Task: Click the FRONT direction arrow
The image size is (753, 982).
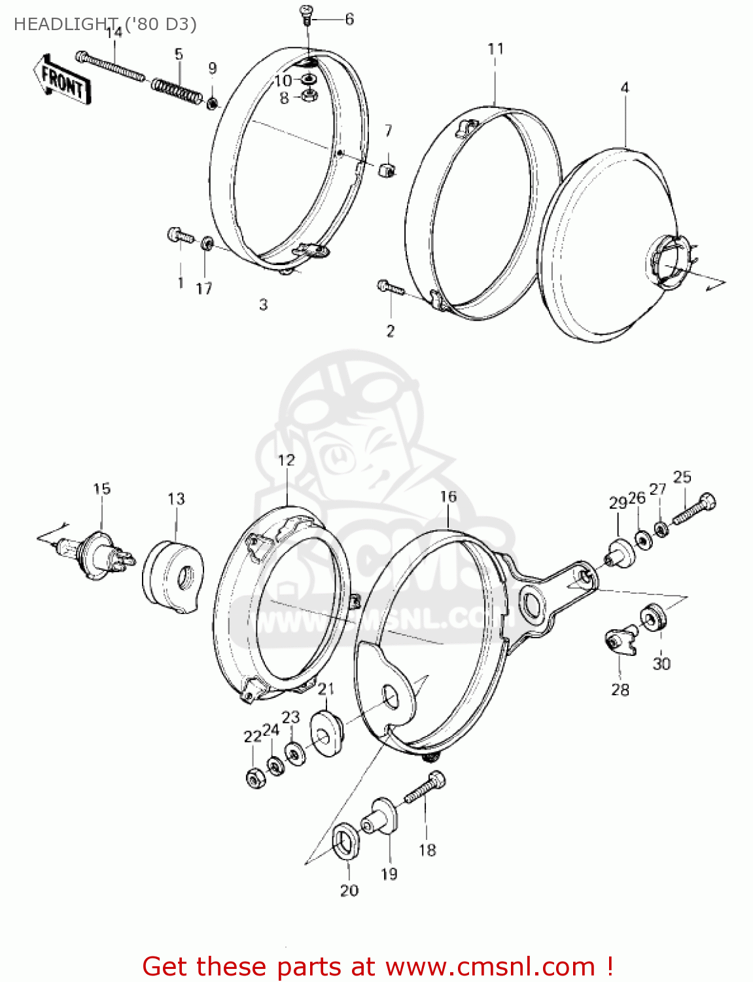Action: pos(62,79)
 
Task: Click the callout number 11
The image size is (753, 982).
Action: pos(495,49)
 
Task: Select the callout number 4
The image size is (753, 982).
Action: pos(625,88)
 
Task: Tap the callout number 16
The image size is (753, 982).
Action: pos(447,497)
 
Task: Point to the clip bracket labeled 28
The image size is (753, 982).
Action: pos(620,641)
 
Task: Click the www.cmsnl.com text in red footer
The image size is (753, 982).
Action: pos(490,967)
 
